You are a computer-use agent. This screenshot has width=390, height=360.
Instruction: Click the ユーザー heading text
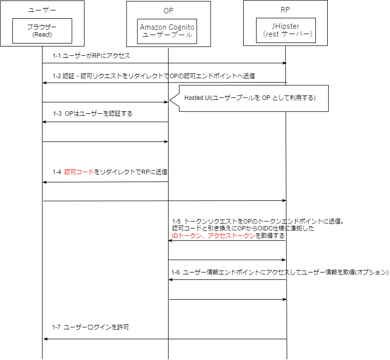click(43, 10)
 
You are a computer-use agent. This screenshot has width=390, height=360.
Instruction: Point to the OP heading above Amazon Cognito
click(169, 11)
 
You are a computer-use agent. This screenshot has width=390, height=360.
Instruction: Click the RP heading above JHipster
click(285, 10)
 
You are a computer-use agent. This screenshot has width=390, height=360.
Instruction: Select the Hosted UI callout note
click(254, 98)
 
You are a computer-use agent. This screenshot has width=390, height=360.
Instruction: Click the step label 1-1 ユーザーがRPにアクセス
click(91, 56)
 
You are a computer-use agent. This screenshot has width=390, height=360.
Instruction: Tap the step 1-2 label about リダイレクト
click(154, 76)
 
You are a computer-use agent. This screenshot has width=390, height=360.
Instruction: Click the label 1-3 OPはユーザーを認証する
click(92, 114)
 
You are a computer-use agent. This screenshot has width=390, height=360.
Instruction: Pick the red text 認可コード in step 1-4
click(79, 172)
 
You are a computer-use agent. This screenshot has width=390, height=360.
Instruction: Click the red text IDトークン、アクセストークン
click(214, 235)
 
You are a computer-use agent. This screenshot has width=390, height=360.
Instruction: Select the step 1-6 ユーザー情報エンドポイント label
click(280, 272)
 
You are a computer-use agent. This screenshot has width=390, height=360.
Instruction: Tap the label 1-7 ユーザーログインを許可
click(90, 327)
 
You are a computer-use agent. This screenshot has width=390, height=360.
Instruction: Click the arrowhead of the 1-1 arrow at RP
click(285, 63)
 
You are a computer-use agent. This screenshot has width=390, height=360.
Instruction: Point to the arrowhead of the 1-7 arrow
click(45, 339)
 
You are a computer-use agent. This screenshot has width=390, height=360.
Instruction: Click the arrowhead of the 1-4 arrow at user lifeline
click(45, 182)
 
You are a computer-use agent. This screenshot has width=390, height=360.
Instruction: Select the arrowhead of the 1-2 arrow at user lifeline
click(45, 83)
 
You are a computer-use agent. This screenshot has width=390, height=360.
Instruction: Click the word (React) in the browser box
click(42, 35)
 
